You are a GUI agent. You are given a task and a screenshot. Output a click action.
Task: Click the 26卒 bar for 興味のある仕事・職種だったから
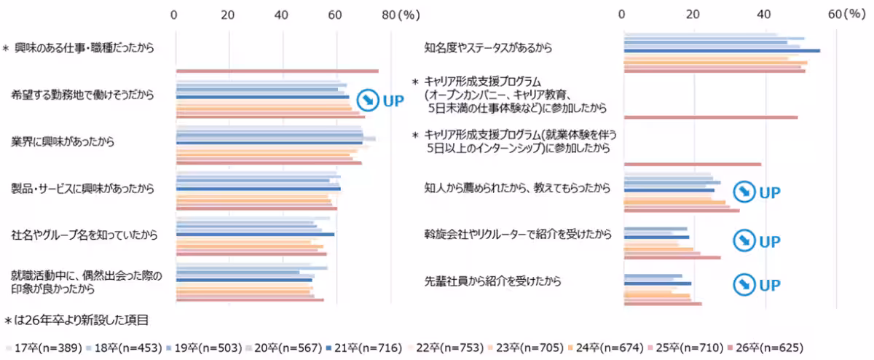(277, 71)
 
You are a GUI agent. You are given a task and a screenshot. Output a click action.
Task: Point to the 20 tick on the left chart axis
(227, 15)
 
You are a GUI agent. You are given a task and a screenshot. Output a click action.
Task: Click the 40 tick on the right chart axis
(764, 15)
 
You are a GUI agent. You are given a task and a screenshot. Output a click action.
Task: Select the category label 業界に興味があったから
(63, 141)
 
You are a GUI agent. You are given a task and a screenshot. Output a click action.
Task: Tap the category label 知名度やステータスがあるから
(488, 49)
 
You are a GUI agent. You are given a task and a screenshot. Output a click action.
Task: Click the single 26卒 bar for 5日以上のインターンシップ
(692, 164)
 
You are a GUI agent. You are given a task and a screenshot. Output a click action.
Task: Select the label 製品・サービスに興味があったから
(82, 188)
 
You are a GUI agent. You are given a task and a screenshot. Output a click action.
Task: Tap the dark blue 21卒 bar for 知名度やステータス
(721, 50)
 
